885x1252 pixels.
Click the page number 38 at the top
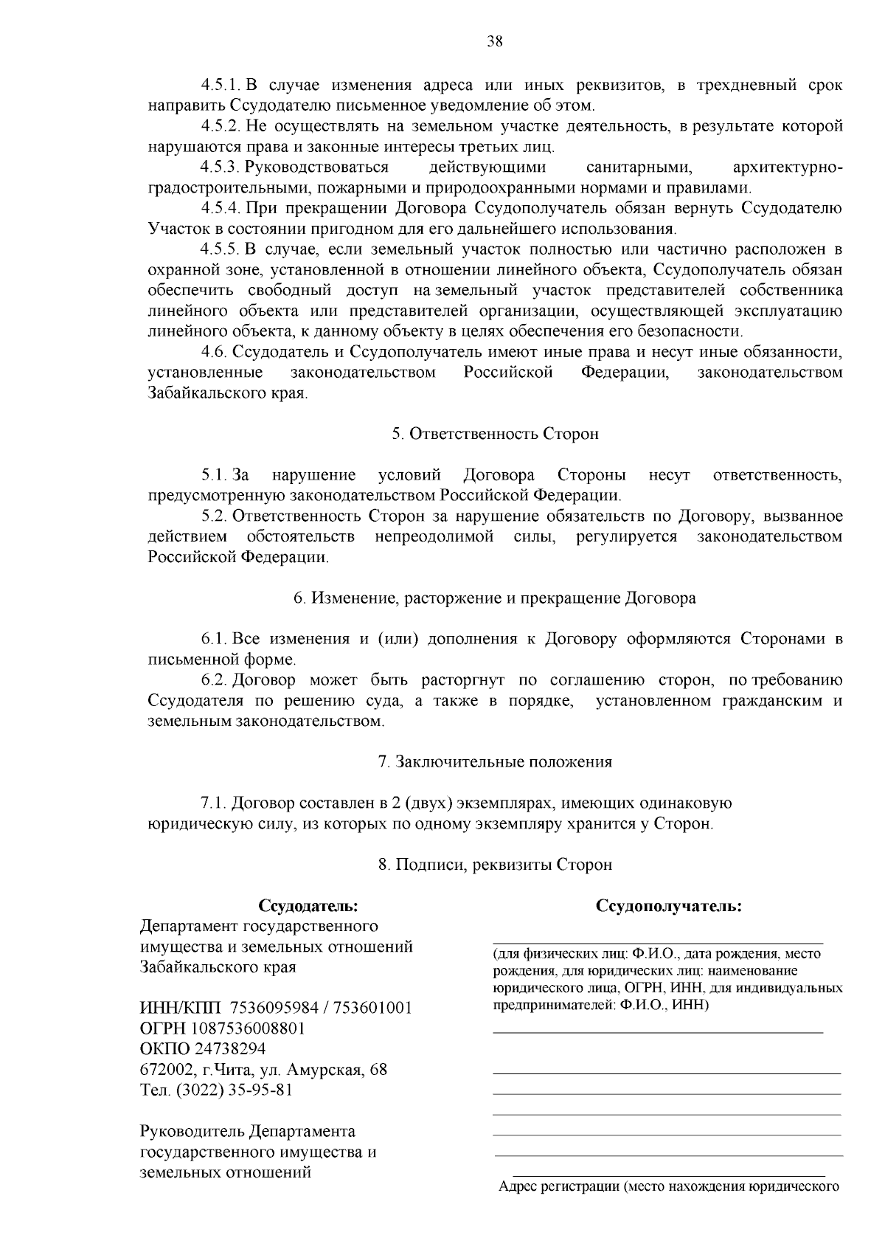(x=495, y=42)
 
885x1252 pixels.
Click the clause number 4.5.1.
(x=221, y=86)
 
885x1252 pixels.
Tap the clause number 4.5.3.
(x=221, y=167)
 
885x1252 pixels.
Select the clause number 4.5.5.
(x=221, y=249)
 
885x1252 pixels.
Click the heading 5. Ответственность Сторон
(x=495, y=434)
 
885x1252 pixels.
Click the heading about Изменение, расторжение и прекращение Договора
(x=495, y=598)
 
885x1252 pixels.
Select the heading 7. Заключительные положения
(x=495, y=761)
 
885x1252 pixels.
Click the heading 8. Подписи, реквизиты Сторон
(x=495, y=864)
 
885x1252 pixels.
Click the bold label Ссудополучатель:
(x=669, y=905)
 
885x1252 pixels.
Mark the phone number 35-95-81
(x=260, y=1090)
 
